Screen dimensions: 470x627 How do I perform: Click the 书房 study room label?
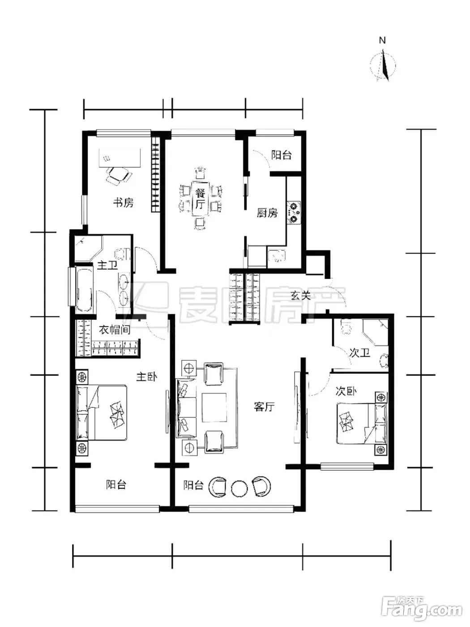[123, 203]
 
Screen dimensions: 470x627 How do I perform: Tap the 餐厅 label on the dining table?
[201, 199]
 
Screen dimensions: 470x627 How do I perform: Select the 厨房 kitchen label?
[267, 213]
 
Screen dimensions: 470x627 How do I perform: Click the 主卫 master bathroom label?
[107, 266]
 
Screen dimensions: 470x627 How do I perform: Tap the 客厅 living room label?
[264, 407]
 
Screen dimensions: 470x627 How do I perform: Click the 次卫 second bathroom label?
[359, 353]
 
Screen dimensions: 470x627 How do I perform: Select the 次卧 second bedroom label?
[346, 391]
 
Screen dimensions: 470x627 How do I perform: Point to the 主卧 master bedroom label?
[147, 377]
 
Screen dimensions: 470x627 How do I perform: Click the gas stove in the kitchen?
[294, 213]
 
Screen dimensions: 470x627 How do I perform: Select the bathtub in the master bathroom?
[84, 289]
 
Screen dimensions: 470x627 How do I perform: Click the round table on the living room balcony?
[239, 488]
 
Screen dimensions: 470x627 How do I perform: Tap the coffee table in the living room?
[214, 408]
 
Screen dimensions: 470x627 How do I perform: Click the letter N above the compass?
[382, 41]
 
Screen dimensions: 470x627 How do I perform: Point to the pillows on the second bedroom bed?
[346, 420]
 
